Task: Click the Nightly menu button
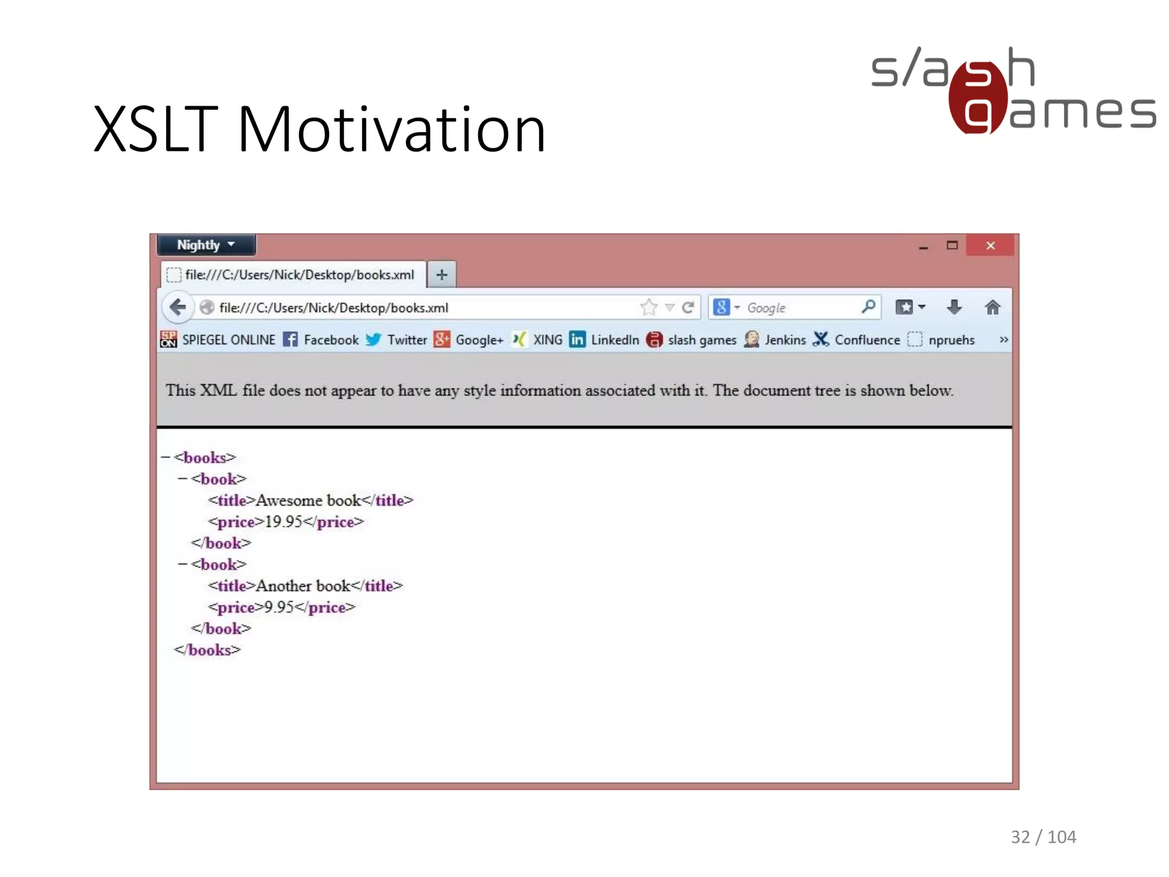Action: tap(205, 245)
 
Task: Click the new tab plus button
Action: tap(441, 275)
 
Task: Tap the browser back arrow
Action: tap(178, 307)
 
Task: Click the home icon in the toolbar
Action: tap(992, 308)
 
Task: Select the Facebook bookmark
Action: tap(321, 340)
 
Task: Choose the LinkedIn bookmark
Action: tap(605, 340)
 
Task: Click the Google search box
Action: tap(799, 308)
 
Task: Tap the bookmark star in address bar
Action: tap(648, 308)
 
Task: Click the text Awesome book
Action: tap(308, 501)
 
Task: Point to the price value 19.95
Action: tap(283, 522)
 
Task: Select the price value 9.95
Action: tap(279, 608)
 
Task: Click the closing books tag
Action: tap(208, 650)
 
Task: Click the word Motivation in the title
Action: tap(392, 130)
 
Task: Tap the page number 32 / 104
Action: tap(1043, 837)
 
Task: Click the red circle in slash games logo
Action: tap(977, 97)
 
